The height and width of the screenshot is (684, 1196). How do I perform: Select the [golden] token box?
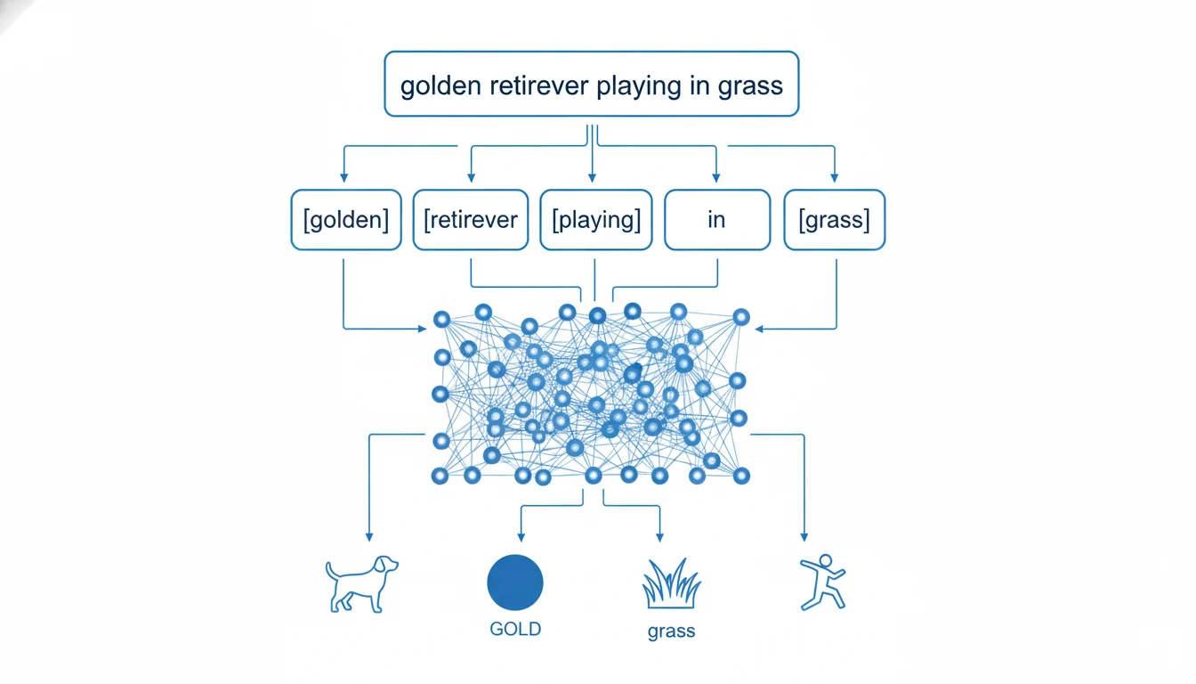pos(346,220)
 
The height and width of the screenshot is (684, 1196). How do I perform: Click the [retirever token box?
pos(472,220)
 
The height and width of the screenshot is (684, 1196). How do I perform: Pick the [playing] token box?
pos(596,220)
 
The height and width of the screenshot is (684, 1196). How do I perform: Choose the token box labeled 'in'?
pos(716,220)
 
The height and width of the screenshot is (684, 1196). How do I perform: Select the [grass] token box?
pos(835,220)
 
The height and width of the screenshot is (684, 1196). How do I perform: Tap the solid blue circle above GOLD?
pos(515,582)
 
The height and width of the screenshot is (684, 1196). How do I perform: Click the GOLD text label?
pos(515,629)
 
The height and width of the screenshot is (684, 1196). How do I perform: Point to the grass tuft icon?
pos(671,583)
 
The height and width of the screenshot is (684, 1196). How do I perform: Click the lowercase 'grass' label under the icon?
pos(671,631)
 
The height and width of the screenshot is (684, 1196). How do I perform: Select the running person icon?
pos(821,582)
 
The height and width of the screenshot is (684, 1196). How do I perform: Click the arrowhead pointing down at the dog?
pos(368,536)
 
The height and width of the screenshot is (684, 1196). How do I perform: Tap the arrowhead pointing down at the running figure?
pos(804,536)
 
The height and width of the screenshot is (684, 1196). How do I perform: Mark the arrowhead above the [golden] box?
pos(344,177)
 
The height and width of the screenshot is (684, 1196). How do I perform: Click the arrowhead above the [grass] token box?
pos(834,177)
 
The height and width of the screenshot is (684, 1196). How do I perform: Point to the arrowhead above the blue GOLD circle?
pos(521,536)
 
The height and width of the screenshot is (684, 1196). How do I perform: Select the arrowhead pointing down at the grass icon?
pos(659,536)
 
